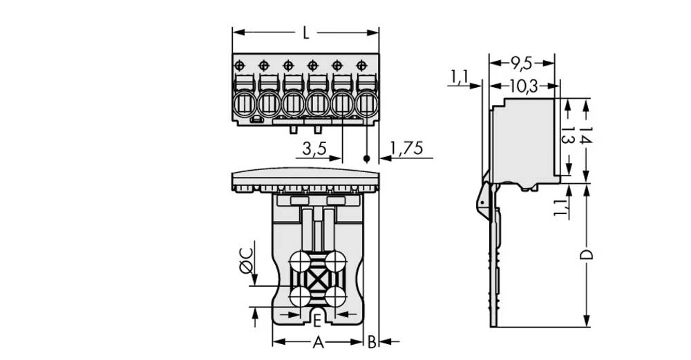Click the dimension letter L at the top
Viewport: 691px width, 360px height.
[x=305, y=32]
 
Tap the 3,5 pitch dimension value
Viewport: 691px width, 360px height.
[x=314, y=150]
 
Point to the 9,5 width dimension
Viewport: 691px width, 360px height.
[x=522, y=64]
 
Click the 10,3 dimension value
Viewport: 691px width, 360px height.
[x=523, y=86]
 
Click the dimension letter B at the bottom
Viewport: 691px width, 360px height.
[x=371, y=341]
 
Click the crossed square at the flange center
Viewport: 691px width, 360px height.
[x=318, y=281]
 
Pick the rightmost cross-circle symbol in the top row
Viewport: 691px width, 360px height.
[x=361, y=65]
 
